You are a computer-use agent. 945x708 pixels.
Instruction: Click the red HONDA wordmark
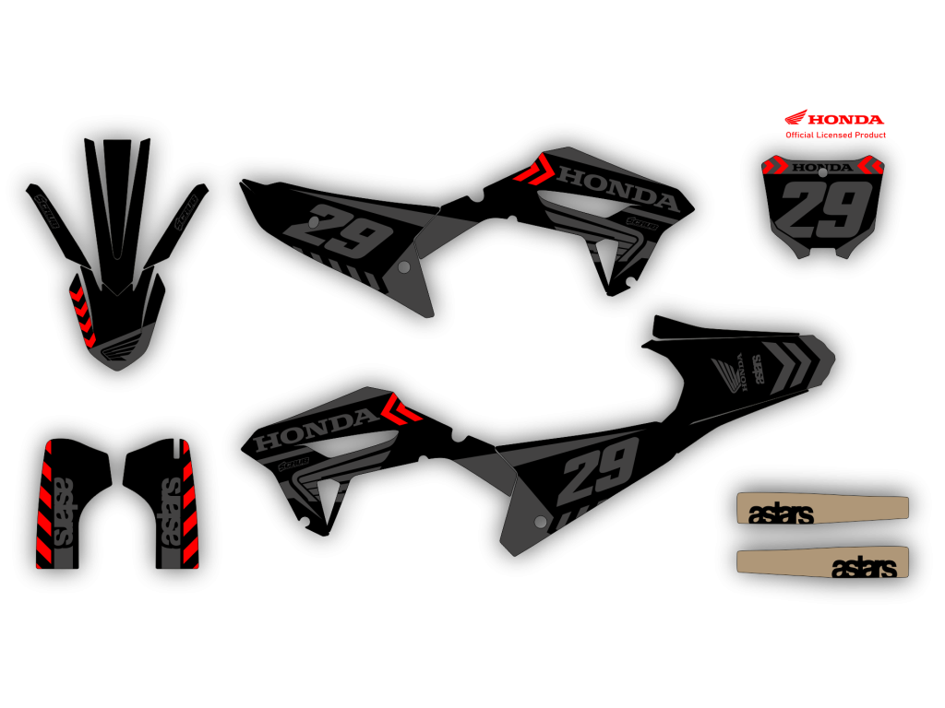pyautogui.click(x=847, y=119)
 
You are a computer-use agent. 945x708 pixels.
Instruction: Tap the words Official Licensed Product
pyautogui.click(x=835, y=135)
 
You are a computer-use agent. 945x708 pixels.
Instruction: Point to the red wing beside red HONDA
pyautogui.click(x=795, y=118)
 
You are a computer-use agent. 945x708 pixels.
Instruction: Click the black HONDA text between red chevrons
pyautogui.click(x=823, y=168)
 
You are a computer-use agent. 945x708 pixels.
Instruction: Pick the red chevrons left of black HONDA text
pyautogui.click(x=774, y=166)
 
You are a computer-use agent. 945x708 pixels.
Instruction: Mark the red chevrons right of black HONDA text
pyautogui.click(x=870, y=166)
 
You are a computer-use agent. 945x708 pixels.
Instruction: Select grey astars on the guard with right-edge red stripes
pyautogui.click(x=170, y=512)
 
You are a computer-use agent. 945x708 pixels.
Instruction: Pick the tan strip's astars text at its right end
pyautogui.click(x=864, y=568)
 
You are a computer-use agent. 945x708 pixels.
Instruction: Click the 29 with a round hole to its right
pyautogui.click(x=347, y=231)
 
